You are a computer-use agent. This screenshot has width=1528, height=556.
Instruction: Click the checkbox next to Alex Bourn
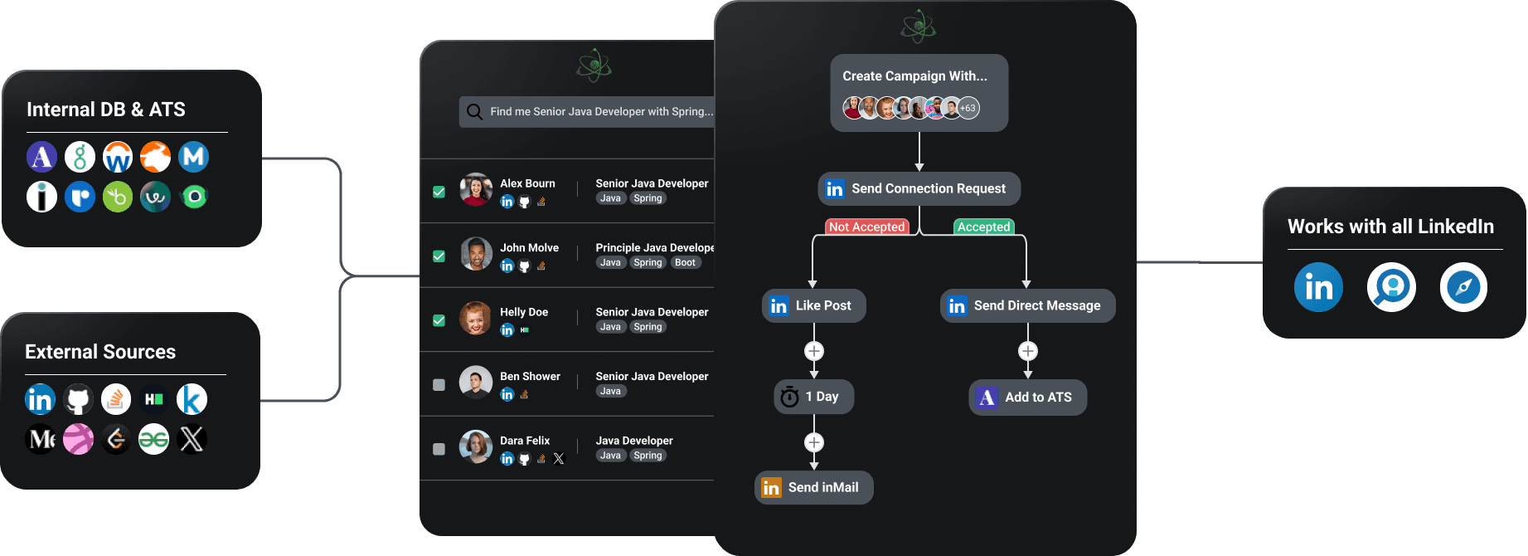(x=439, y=192)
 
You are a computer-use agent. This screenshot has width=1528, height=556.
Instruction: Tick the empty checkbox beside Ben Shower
(x=439, y=385)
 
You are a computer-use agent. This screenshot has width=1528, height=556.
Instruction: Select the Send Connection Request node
(x=919, y=189)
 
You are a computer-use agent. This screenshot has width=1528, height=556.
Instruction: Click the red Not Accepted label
(x=866, y=227)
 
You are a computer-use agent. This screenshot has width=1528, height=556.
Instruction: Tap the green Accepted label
(x=983, y=227)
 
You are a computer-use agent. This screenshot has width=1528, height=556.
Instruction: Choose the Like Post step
(x=813, y=305)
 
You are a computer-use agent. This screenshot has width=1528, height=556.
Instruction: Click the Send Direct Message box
(x=1027, y=305)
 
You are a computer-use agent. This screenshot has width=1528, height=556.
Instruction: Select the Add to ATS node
(x=1027, y=397)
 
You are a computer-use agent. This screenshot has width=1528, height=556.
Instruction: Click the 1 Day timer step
(x=813, y=397)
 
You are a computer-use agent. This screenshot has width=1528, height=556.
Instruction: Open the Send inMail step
(x=813, y=488)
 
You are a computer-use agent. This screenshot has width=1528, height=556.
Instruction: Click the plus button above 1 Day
(x=814, y=351)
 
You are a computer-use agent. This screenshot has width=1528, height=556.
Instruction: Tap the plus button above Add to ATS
(x=1028, y=351)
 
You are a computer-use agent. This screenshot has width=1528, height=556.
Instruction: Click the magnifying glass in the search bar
(x=474, y=112)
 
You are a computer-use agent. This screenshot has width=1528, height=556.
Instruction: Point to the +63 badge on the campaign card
(x=968, y=108)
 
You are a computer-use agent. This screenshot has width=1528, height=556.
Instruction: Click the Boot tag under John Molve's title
(x=685, y=263)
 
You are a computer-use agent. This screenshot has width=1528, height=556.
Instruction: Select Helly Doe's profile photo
(x=476, y=319)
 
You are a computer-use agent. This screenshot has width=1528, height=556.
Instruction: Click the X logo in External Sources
(x=192, y=439)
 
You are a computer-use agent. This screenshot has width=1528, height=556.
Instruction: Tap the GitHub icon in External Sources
(x=78, y=400)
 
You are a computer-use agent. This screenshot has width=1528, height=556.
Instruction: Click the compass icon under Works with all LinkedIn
(x=1463, y=288)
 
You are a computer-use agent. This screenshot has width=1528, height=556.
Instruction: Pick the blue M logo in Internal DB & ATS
(x=193, y=157)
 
